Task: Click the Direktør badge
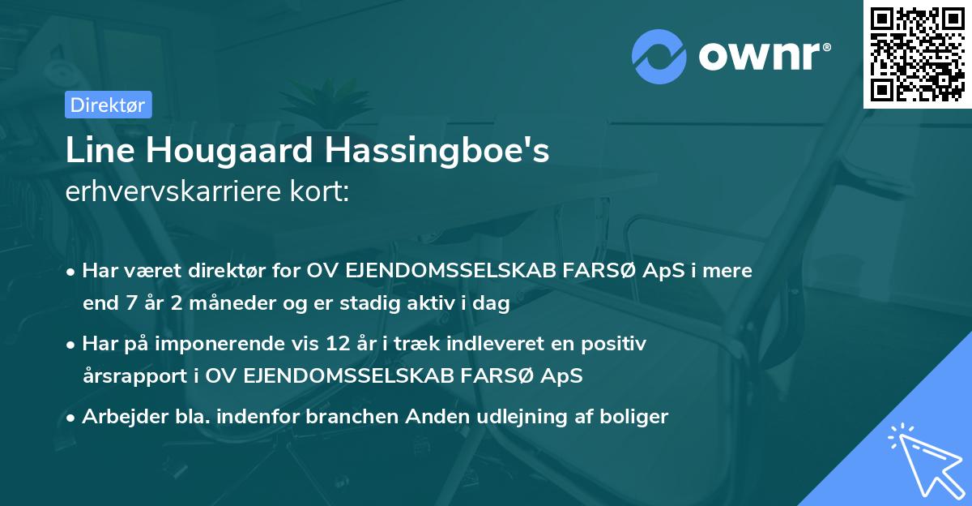click(108, 105)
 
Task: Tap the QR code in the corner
click(917, 54)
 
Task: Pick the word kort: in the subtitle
click(322, 193)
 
